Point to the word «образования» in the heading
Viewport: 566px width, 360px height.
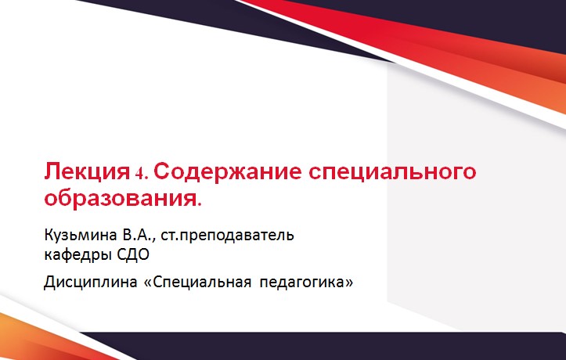119,196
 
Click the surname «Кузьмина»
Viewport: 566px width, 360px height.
79,235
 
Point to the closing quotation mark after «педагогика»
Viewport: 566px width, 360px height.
349,280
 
